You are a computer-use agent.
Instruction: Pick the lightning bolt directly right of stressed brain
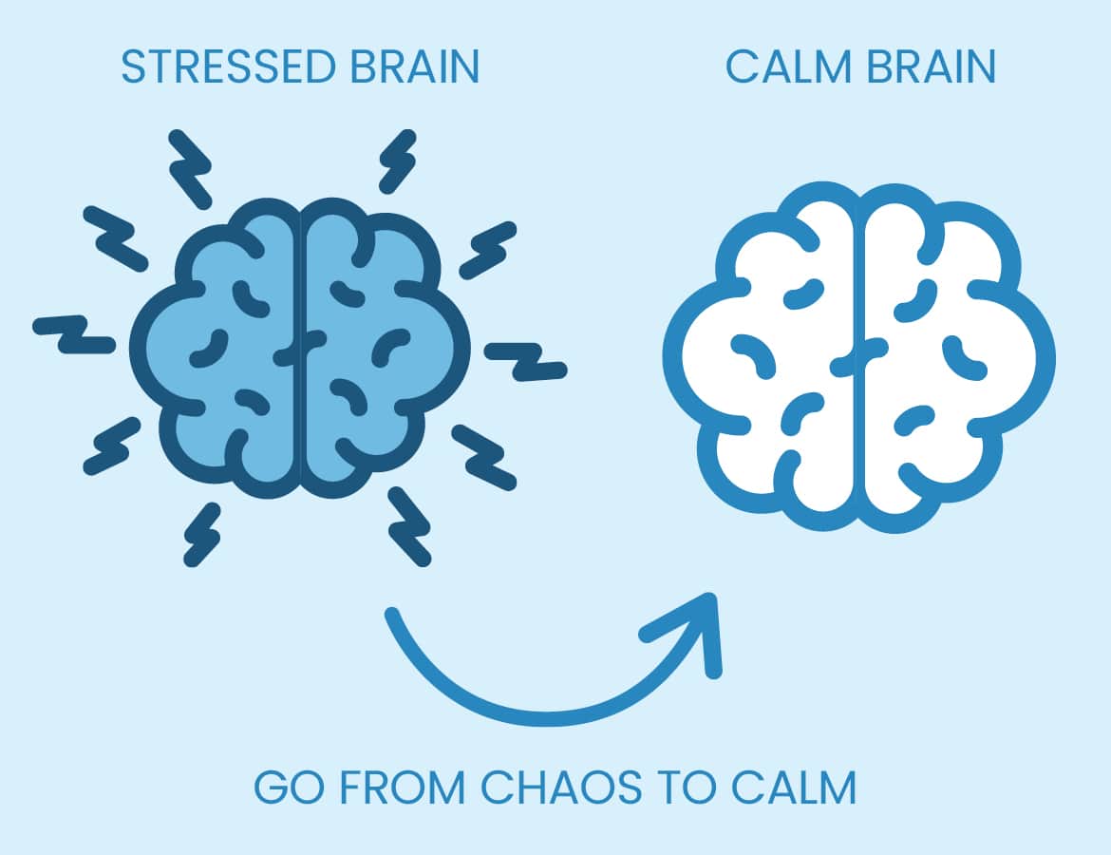(525, 360)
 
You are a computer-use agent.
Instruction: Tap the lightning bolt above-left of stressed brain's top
(189, 169)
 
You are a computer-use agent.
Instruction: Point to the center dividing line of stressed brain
(302, 347)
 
